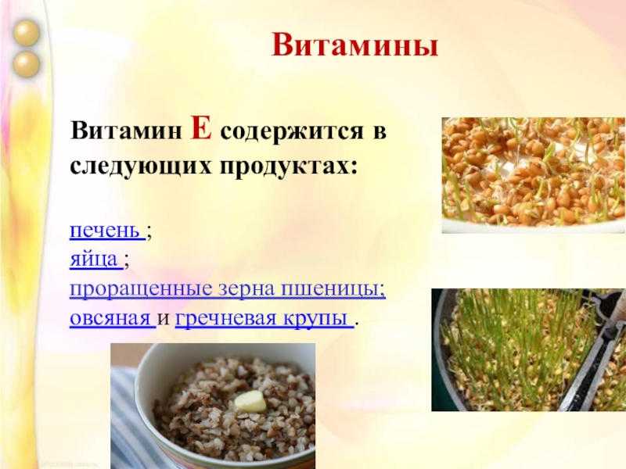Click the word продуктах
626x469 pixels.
[x=295, y=166]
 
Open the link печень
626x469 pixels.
[x=106, y=232]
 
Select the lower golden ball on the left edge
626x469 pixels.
[x=27, y=63]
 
